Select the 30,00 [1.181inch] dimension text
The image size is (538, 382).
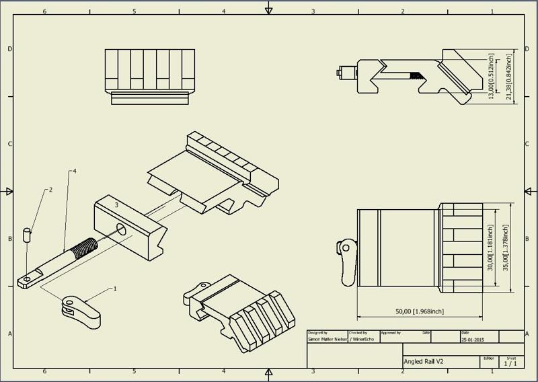pos(492,247)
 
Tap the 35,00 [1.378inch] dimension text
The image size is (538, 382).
pos(506,247)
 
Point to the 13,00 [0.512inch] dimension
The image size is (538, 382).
pos(492,77)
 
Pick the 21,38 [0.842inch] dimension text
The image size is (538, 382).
pos(509,77)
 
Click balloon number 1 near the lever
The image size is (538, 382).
pos(115,289)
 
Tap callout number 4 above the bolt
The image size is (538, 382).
pos(74,171)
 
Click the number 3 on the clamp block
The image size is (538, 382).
pos(116,204)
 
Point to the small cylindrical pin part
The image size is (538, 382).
pos(27,235)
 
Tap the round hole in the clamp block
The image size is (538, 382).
pos(122,229)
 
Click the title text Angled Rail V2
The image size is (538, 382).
pos(424,362)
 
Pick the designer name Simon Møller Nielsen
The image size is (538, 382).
pos(327,340)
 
